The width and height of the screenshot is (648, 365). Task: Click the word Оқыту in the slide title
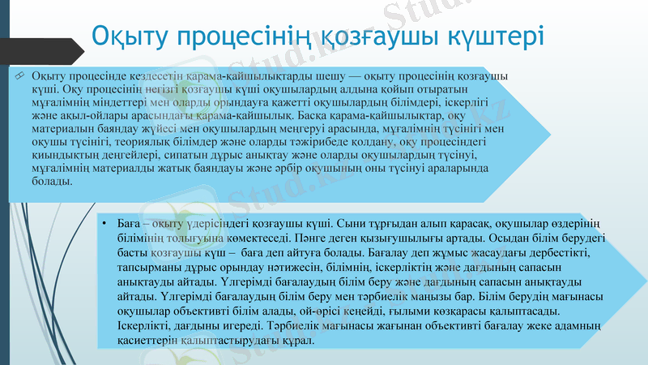point(130,37)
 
